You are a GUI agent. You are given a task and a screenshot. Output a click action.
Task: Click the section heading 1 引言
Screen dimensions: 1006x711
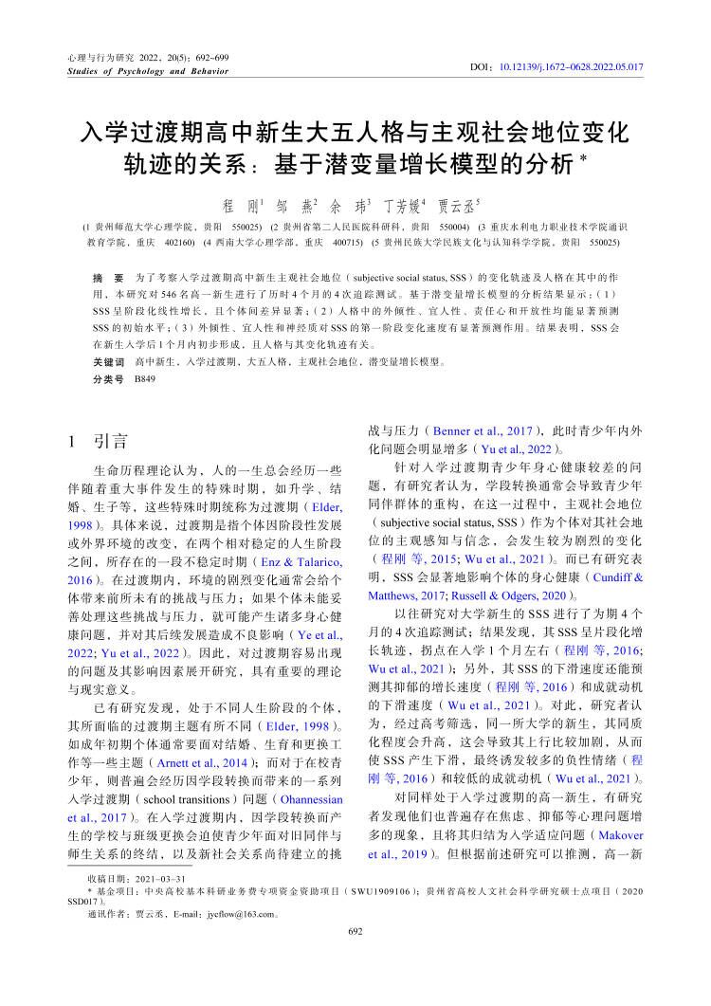pyautogui.click(x=100, y=441)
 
